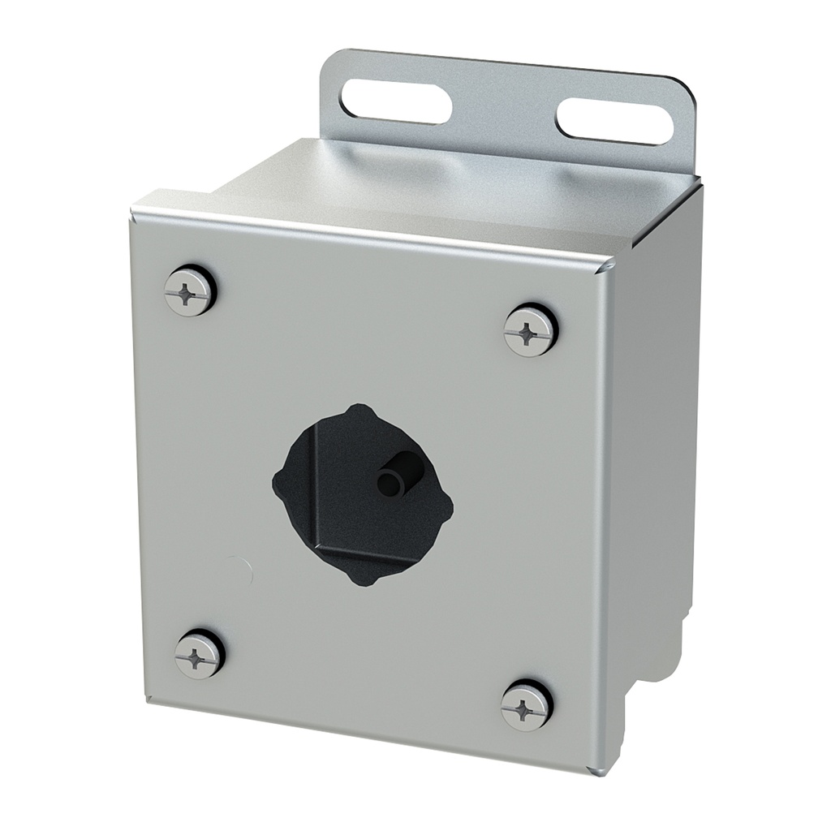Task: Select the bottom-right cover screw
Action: point(526,704)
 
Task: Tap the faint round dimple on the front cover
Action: point(240,569)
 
